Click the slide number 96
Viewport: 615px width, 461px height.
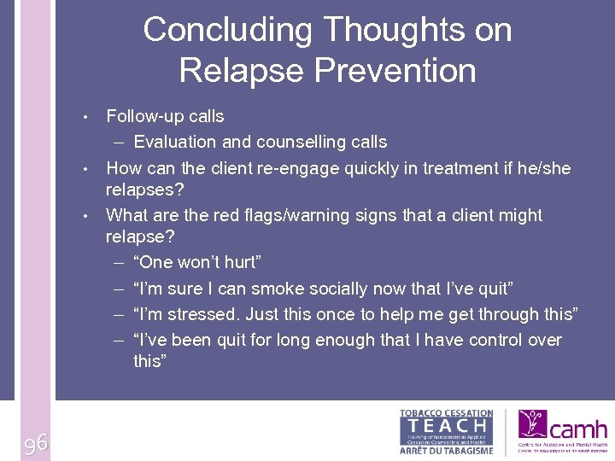coord(35,442)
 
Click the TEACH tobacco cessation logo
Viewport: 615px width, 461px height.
coord(446,431)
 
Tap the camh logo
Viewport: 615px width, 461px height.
coord(562,432)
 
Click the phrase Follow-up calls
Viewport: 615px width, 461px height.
coord(165,117)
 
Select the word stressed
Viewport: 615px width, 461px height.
coord(204,314)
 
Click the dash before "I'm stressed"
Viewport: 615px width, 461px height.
coord(120,314)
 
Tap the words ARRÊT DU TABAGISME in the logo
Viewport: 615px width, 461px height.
coord(446,451)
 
